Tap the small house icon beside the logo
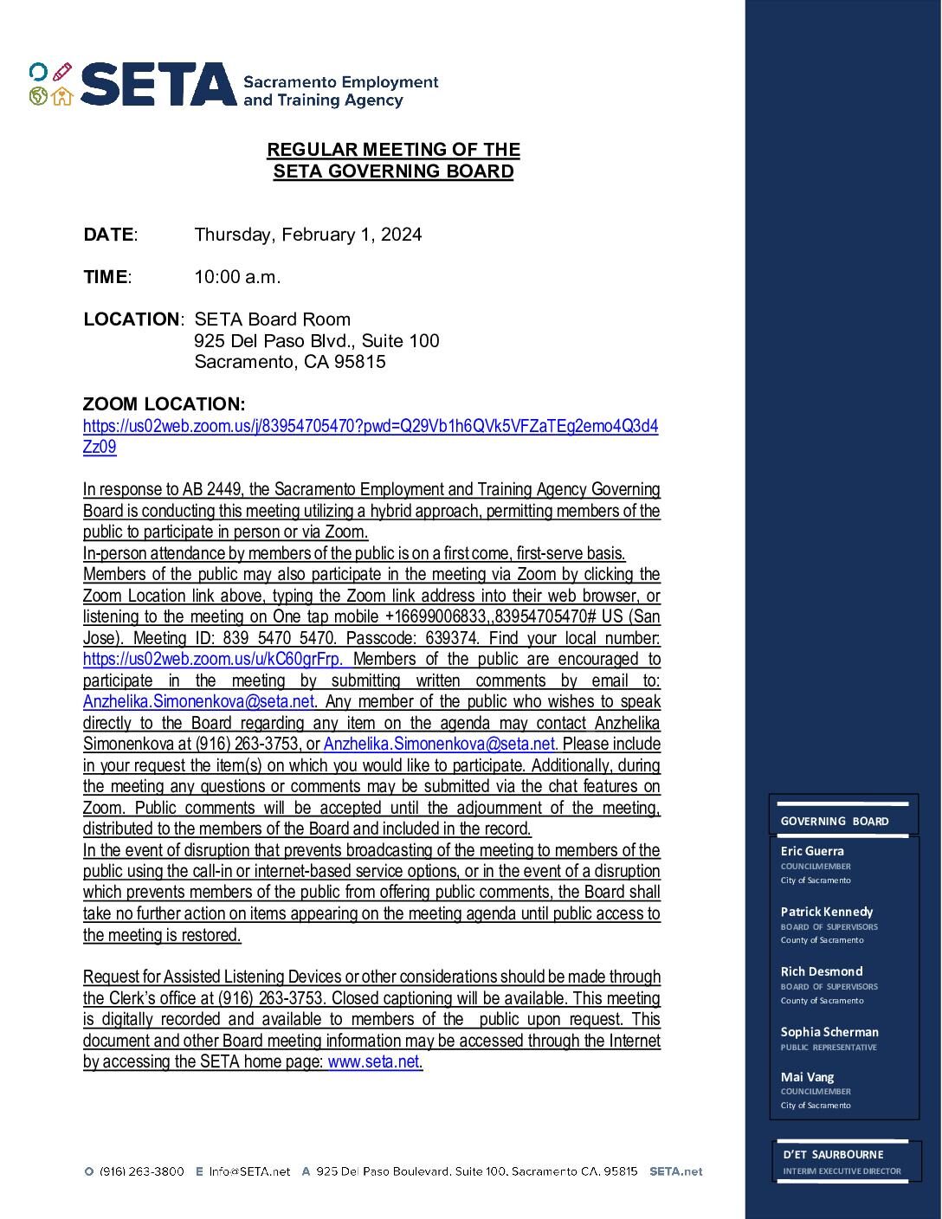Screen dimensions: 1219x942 [61, 96]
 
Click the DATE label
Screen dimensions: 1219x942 [108, 235]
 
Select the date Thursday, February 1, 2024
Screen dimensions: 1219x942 [307, 235]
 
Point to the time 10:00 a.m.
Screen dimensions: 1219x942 [237, 277]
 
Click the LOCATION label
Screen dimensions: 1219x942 [131, 319]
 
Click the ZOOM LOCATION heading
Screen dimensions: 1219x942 [164, 404]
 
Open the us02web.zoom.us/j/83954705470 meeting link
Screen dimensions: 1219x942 [370, 427]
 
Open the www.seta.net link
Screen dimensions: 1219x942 [373, 1061]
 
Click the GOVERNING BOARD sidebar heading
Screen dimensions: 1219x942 [834, 821]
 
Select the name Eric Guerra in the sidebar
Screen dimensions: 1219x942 [811, 851]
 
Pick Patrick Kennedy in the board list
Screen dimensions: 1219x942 [826, 912]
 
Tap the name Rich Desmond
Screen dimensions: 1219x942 [821, 971]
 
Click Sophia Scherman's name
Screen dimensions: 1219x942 [829, 1032]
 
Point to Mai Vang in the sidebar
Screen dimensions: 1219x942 [807, 1077]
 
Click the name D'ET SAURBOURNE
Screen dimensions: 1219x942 [833, 1154]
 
